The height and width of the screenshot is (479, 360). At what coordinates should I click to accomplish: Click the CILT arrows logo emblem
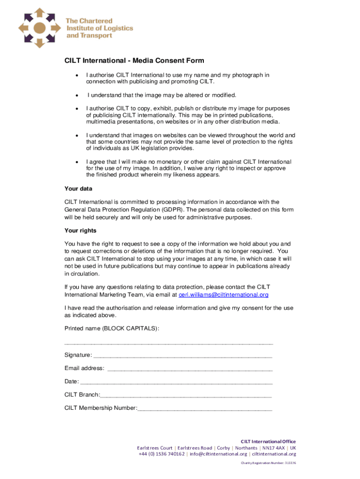point(39,28)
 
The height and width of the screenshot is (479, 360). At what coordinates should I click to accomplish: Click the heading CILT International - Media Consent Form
point(134,61)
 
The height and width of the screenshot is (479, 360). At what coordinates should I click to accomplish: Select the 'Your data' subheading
point(78,189)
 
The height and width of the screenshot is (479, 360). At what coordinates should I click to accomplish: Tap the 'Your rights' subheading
point(80,231)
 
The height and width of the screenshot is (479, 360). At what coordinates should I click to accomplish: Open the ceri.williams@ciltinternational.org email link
point(223,295)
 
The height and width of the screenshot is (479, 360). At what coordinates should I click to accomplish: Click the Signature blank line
point(182,356)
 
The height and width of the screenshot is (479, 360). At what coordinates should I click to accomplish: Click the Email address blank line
point(189,369)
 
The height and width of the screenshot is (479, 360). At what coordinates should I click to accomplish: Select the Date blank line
point(176,382)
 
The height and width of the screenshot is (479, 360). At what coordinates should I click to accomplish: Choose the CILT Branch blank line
point(186,395)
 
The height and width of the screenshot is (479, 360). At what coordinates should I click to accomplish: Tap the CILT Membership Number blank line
point(205,408)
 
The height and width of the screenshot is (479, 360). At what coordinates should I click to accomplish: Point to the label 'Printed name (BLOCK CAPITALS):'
point(112,328)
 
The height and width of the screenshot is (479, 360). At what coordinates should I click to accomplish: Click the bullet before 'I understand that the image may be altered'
point(76,95)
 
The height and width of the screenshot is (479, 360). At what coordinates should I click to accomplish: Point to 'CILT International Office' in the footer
point(268,441)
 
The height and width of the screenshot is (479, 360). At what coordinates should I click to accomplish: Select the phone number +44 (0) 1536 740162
point(161,454)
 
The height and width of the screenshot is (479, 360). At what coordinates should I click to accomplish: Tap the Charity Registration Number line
point(268,463)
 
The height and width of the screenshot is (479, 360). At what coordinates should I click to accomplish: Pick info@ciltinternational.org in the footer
point(218,454)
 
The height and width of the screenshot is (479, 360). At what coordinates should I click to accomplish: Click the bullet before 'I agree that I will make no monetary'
point(76,162)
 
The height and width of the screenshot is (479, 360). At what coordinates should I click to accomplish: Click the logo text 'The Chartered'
point(83,21)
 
